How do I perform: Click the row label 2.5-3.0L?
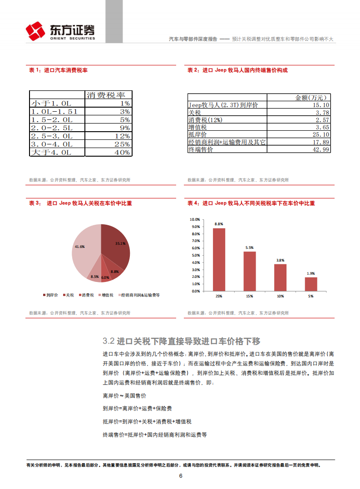click(x=51, y=136)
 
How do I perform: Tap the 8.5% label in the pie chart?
click(x=95, y=277)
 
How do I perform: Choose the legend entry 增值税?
click(x=107, y=295)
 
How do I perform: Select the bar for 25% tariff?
click(x=219, y=259)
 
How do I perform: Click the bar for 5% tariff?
click(x=311, y=284)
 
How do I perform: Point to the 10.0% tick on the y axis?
click(x=196, y=219)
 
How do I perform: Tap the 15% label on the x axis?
click(x=250, y=296)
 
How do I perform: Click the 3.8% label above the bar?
click(x=280, y=260)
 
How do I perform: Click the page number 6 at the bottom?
click(x=180, y=476)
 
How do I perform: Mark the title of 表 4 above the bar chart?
click(x=251, y=203)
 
